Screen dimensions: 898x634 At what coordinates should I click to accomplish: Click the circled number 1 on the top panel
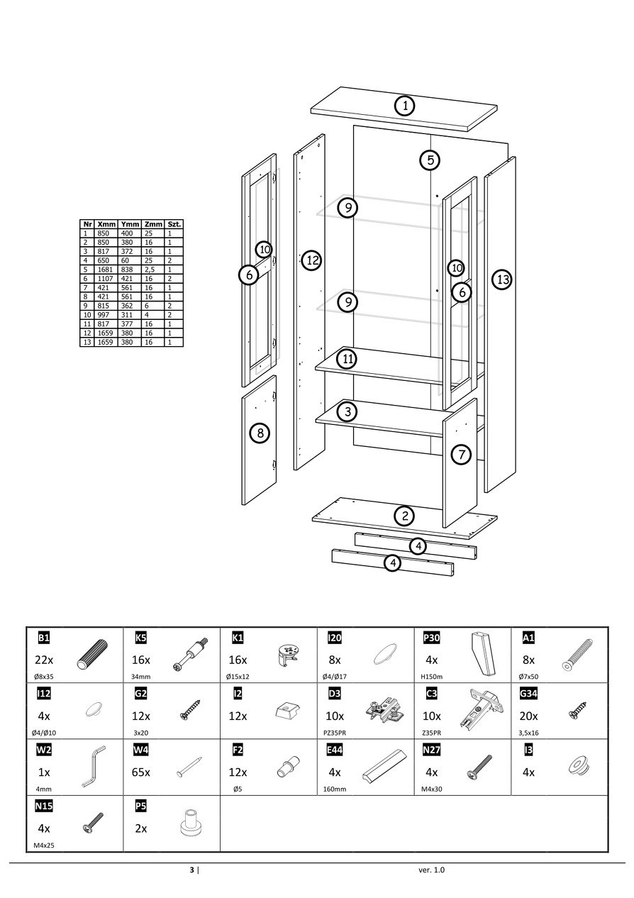(404, 106)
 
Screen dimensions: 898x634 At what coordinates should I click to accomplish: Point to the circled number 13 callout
(502, 279)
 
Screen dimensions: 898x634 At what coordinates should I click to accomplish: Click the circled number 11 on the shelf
(347, 359)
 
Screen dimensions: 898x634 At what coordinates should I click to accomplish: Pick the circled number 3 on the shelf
(347, 411)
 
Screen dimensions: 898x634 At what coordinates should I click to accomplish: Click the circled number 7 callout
(461, 454)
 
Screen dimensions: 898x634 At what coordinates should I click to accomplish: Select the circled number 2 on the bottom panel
(404, 516)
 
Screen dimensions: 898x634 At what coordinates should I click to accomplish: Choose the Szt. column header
(174, 224)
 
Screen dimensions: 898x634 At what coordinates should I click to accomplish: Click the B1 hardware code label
(44, 637)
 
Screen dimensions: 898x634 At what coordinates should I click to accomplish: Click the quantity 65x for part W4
(142, 772)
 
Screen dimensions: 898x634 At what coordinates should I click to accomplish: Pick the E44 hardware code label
(335, 750)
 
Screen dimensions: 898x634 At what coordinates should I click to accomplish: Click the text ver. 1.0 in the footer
(433, 870)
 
